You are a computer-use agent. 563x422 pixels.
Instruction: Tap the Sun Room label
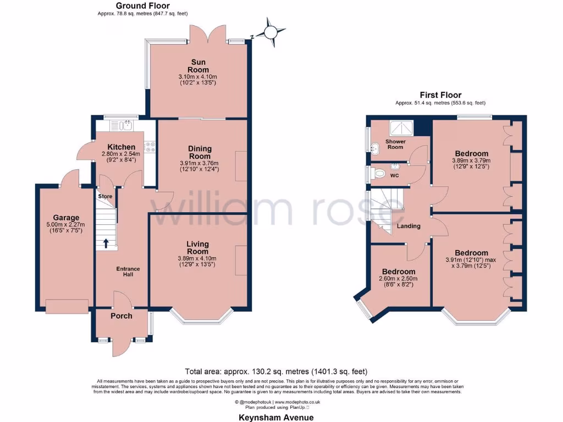point(198,66)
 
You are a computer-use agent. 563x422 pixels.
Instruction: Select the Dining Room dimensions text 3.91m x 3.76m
point(198,163)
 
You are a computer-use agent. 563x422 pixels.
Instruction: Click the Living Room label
point(198,248)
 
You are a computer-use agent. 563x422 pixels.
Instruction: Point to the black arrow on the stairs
point(106,242)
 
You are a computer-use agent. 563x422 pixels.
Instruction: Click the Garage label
point(66,218)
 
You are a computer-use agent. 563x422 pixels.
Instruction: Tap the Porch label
point(120,316)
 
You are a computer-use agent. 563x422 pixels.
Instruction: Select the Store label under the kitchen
point(105,196)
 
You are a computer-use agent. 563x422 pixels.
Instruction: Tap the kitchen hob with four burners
point(150,147)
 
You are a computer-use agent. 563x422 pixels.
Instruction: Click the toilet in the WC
point(379,174)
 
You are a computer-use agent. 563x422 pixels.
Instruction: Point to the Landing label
point(409,226)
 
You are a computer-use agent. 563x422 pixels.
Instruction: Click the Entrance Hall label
point(128,271)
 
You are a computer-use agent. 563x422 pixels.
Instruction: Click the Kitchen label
point(121,147)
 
